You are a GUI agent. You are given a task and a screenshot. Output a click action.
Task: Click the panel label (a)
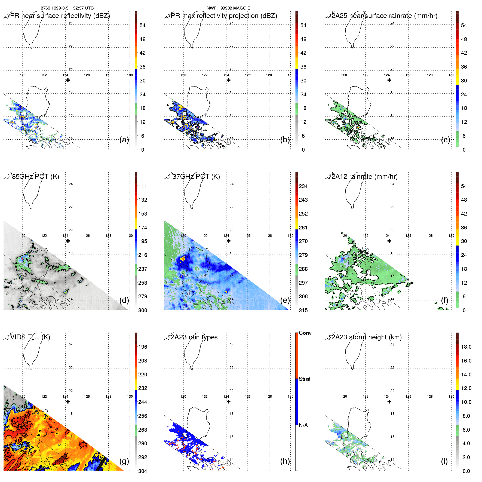coord(124,140)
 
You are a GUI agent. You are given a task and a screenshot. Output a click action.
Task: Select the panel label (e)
coord(285,300)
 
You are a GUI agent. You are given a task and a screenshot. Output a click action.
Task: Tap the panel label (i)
coord(444,461)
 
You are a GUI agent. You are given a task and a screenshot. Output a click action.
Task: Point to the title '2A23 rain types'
coord(194,337)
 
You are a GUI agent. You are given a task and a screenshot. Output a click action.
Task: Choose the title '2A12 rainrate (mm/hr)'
coord(364,177)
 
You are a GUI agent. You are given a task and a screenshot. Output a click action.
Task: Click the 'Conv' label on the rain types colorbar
coord(305,333)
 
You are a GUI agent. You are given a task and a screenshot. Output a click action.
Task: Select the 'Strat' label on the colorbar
coord(305,379)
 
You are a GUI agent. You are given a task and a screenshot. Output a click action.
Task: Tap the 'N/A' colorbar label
coord(303,425)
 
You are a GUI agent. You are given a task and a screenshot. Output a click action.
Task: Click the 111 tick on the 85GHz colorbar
coord(143,186)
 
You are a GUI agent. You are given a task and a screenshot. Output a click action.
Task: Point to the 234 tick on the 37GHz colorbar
coord(303,186)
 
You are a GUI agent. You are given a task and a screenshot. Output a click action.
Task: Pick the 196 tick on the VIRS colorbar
coord(143,347)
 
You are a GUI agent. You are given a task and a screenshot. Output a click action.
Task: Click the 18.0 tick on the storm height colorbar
coord(466,347)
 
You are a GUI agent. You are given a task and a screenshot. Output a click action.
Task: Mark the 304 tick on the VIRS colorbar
coord(143,471)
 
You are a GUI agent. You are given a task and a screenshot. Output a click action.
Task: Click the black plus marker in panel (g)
coord(68,402)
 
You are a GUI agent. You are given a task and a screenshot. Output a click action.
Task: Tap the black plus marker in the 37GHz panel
coord(229,241)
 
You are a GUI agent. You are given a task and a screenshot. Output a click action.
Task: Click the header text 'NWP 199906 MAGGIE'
coord(228,8)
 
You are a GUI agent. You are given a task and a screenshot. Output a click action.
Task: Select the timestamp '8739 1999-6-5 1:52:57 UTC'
coord(67,8)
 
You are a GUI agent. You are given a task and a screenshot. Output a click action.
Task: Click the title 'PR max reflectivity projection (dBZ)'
coord(224,16)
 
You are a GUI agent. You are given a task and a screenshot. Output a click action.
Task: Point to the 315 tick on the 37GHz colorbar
coord(303,310)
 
